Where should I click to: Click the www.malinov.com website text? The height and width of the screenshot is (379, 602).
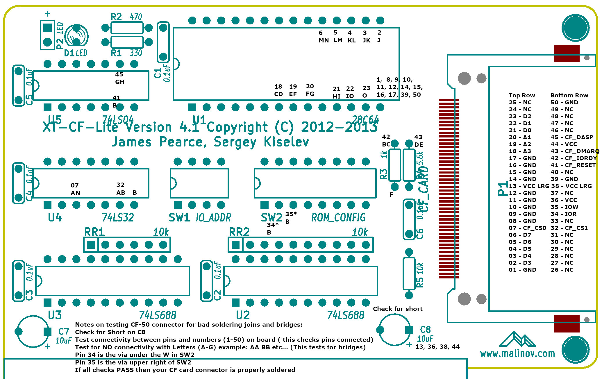[517, 353]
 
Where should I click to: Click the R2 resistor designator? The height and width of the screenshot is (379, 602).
[116, 17]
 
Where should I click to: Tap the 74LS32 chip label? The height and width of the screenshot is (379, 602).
[118, 217]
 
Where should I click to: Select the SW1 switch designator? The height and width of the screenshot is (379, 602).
[179, 217]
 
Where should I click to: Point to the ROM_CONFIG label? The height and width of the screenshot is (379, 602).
[338, 217]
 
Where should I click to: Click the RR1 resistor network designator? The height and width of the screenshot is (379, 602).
[94, 232]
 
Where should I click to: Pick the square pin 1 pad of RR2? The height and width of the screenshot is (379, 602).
[235, 245]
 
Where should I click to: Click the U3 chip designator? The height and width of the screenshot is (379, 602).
[55, 315]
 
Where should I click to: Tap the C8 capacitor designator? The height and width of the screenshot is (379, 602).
[425, 329]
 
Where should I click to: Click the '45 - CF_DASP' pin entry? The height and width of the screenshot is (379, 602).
[571, 137]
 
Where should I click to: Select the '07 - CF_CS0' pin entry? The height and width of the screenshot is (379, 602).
[527, 228]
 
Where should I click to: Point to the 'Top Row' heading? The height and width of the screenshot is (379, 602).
[522, 95]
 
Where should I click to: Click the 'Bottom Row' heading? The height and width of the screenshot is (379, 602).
[569, 95]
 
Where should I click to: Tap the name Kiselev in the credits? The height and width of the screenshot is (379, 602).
[286, 142]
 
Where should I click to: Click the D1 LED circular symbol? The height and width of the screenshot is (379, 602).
[76, 36]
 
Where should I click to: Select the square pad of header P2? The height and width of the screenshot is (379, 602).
[47, 28]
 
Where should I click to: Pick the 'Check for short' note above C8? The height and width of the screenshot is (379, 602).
[398, 309]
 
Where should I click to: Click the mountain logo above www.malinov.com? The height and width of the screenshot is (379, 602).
[517, 339]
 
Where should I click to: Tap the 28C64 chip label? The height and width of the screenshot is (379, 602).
[365, 119]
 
